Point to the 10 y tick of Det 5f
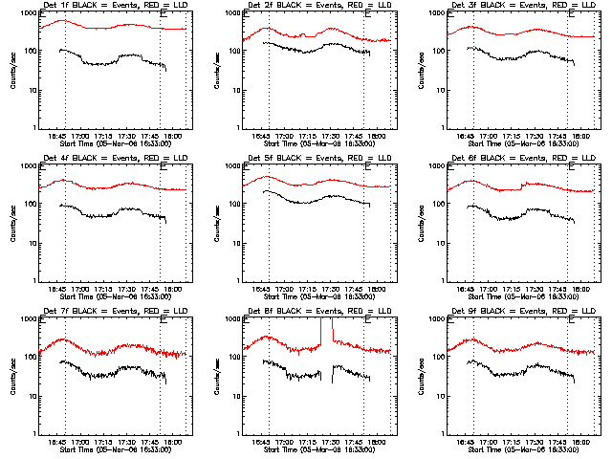[237, 243]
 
